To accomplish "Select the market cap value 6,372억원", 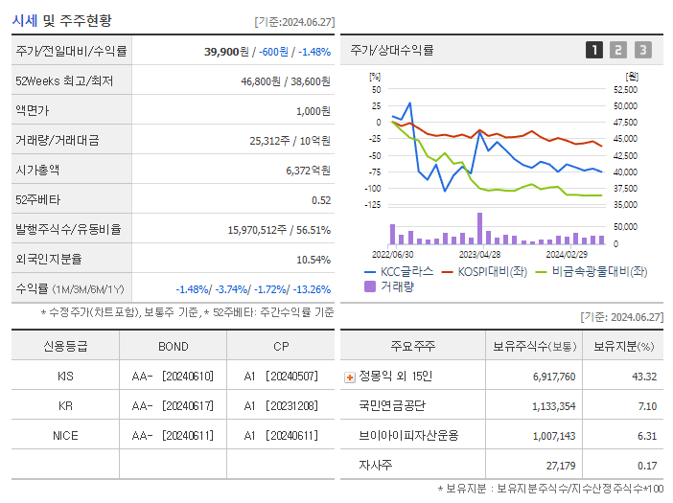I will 308,170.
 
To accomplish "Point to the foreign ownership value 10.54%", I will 313,259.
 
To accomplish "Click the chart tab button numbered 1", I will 594,51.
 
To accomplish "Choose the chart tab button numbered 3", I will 642,51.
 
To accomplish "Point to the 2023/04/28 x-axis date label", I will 479,255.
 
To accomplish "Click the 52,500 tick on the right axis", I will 624,89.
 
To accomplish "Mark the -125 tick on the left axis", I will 373,204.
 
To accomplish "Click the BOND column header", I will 173,346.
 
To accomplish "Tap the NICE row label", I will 65,435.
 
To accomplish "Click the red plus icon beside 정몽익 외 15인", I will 349,377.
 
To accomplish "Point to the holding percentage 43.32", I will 644,377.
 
